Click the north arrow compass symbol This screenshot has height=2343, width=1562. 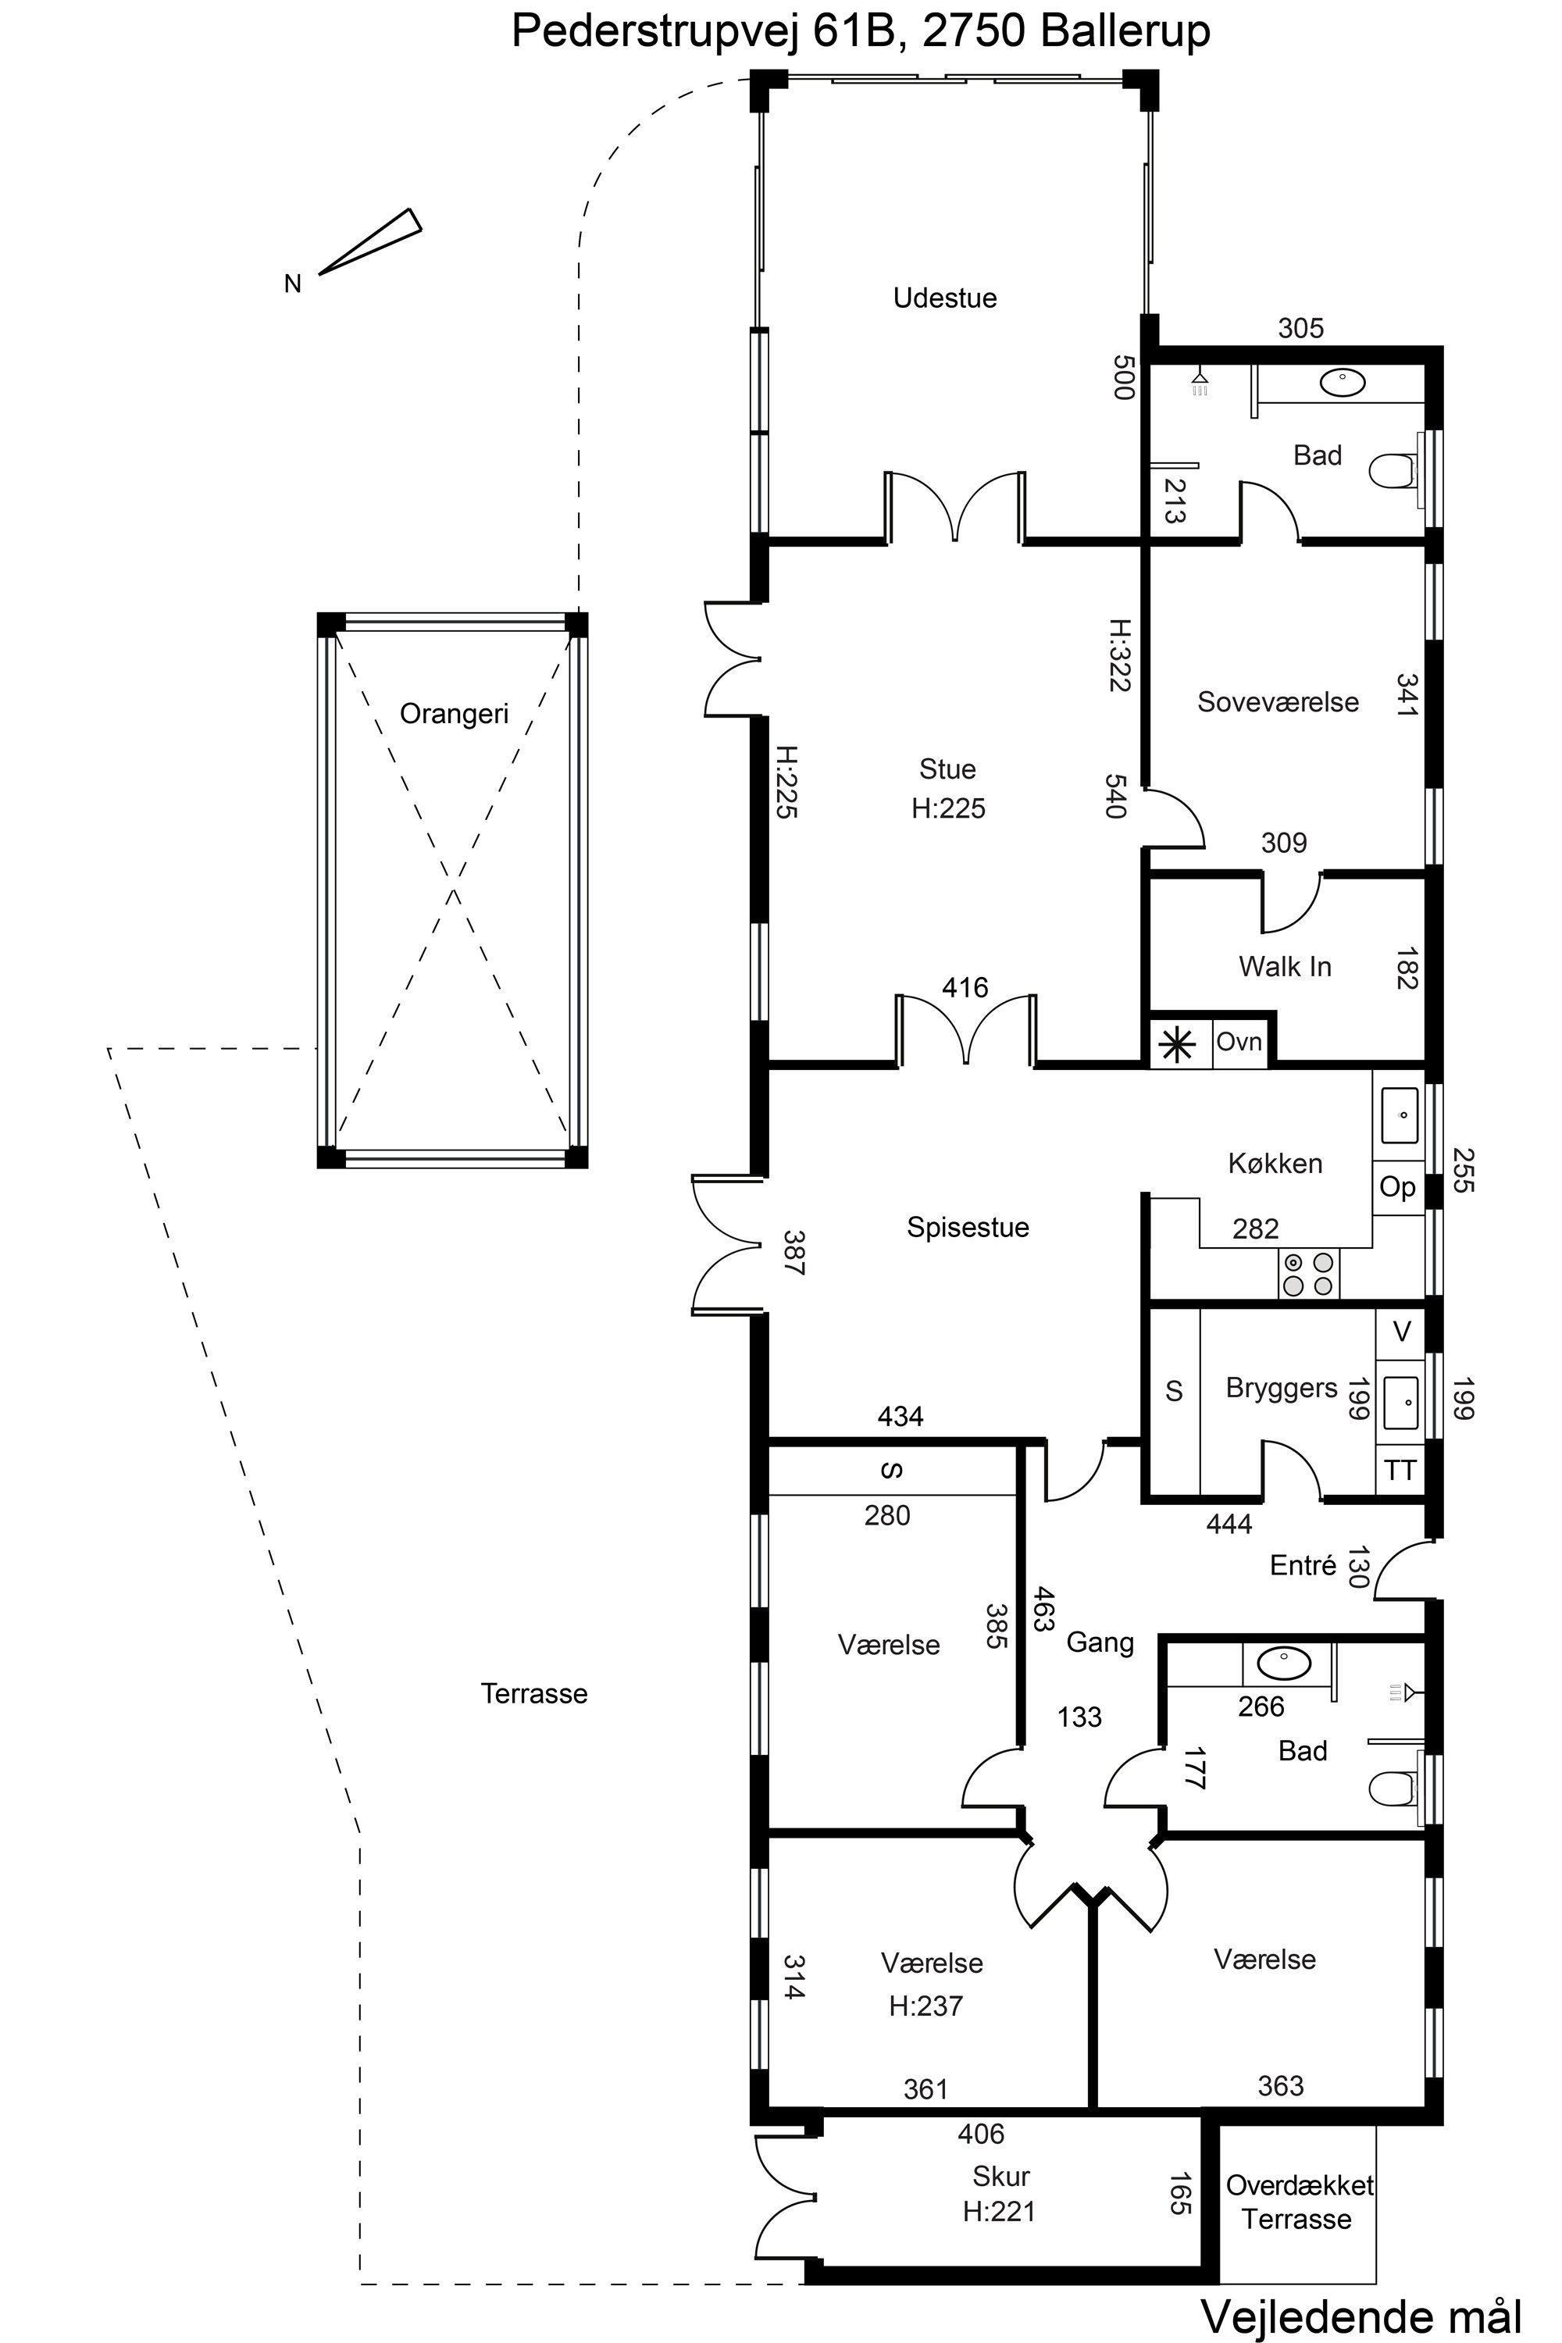[370, 241]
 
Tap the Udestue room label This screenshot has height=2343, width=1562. [944, 298]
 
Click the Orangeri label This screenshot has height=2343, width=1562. [453, 713]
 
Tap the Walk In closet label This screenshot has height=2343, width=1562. [1284, 966]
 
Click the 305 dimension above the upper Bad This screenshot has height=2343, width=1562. [1300, 328]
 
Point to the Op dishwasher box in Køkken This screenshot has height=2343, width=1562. [1398, 1187]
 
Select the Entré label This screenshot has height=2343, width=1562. [1302, 1566]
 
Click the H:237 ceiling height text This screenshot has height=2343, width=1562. [925, 2006]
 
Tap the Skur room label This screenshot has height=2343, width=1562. [1000, 2177]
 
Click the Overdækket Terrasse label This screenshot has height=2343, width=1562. [1298, 2202]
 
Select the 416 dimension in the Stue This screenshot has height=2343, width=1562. [965, 987]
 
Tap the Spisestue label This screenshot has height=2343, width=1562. [968, 1227]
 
